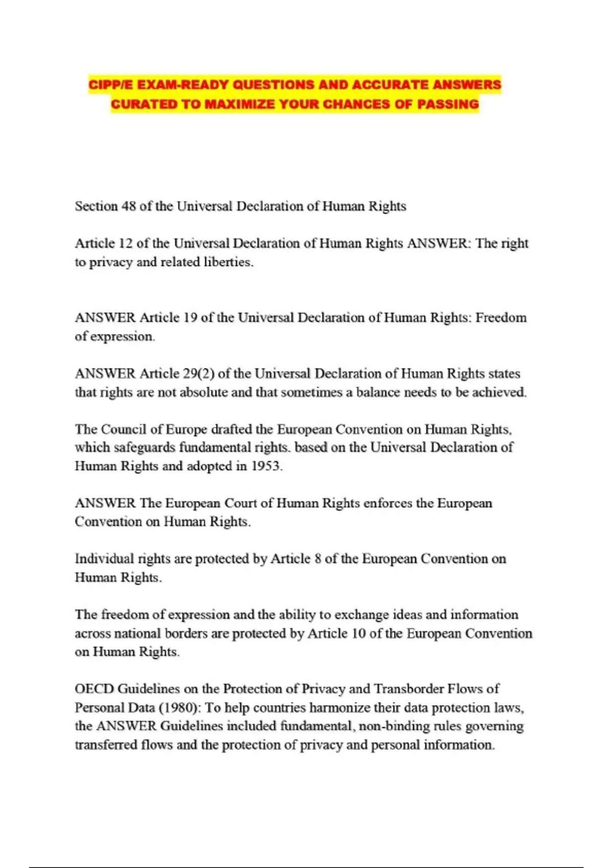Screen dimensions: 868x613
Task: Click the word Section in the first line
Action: point(96,206)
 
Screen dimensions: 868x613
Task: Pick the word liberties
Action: point(228,262)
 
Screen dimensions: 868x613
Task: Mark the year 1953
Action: point(266,466)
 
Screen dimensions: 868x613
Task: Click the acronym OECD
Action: point(94,689)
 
